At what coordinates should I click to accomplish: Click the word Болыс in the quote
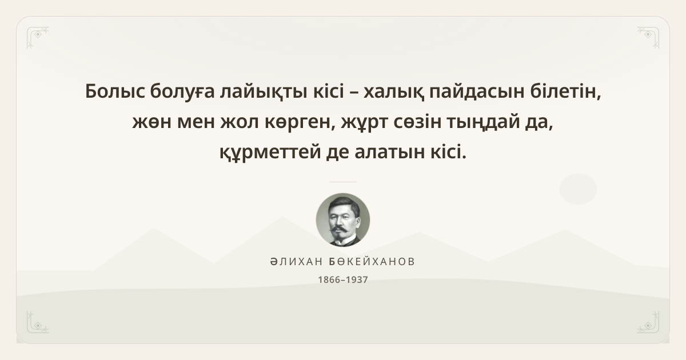(x=115, y=91)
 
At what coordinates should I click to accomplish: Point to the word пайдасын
(x=477, y=92)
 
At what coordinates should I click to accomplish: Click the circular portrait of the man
(x=343, y=220)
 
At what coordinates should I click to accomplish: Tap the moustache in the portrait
(x=340, y=229)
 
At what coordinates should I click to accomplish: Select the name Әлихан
(x=297, y=262)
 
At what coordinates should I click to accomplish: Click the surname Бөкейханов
(x=372, y=262)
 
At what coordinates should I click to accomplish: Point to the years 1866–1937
(x=343, y=280)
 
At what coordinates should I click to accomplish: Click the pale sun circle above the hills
(x=578, y=189)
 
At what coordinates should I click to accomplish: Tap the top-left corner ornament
(x=38, y=38)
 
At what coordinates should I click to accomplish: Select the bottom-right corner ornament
(x=648, y=322)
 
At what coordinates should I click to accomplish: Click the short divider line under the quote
(x=343, y=182)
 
